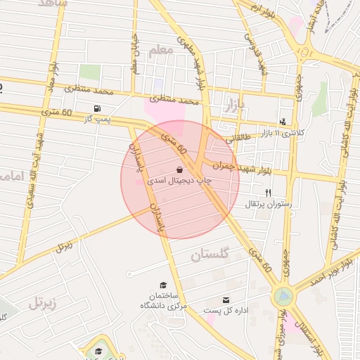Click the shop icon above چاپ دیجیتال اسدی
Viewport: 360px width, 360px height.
point(179,169)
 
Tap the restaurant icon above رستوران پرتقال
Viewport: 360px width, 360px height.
point(267,193)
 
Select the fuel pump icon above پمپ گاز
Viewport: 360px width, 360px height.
point(96,109)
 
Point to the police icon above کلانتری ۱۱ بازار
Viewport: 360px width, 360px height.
point(283,122)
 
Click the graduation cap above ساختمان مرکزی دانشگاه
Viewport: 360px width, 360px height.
point(163,285)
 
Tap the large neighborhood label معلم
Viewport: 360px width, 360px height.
point(160,51)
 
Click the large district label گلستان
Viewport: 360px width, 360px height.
point(210,255)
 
